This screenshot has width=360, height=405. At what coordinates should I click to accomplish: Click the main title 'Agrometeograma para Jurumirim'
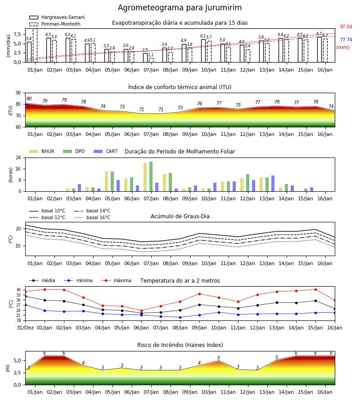click(x=180, y=8)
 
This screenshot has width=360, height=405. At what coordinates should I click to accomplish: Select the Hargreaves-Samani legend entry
click(x=57, y=17)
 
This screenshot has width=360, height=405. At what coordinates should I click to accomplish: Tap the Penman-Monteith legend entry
click(x=55, y=24)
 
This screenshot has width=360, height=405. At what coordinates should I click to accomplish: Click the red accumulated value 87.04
click(x=346, y=27)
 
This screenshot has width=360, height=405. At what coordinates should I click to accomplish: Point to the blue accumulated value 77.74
click(x=346, y=40)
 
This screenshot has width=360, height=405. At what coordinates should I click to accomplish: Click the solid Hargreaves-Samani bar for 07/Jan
click(x=145, y=58)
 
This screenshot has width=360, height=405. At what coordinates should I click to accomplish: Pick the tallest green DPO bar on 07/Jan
click(x=151, y=176)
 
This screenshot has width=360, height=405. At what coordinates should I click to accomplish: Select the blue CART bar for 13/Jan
click(x=273, y=184)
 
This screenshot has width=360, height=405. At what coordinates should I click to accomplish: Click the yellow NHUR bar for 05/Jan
click(x=106, y=181)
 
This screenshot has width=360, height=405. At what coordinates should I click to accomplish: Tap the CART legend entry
click(x=105, y=151)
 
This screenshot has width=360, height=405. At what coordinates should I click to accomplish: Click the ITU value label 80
click(x=29, y=99)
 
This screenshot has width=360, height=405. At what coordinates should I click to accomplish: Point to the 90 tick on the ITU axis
click(x=18, y=93)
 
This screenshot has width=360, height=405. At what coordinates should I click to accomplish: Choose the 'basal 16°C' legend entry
click(x=92, y=217)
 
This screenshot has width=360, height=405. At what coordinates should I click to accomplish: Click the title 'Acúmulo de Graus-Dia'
click(x=180, y=216)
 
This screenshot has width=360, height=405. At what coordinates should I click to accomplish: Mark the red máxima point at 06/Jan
click(x=141, y=310)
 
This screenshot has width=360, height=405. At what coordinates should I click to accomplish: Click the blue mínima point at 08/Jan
click(x=180, y=317)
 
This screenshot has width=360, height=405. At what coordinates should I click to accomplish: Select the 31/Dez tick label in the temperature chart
click(x=25, y=328)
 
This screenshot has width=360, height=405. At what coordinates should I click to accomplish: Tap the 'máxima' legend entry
click(x=116, y=280)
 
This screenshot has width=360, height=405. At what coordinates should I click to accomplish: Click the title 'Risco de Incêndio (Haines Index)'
click(x=180, y=345)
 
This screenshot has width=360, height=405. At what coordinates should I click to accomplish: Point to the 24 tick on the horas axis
click(x=18, y=157)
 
